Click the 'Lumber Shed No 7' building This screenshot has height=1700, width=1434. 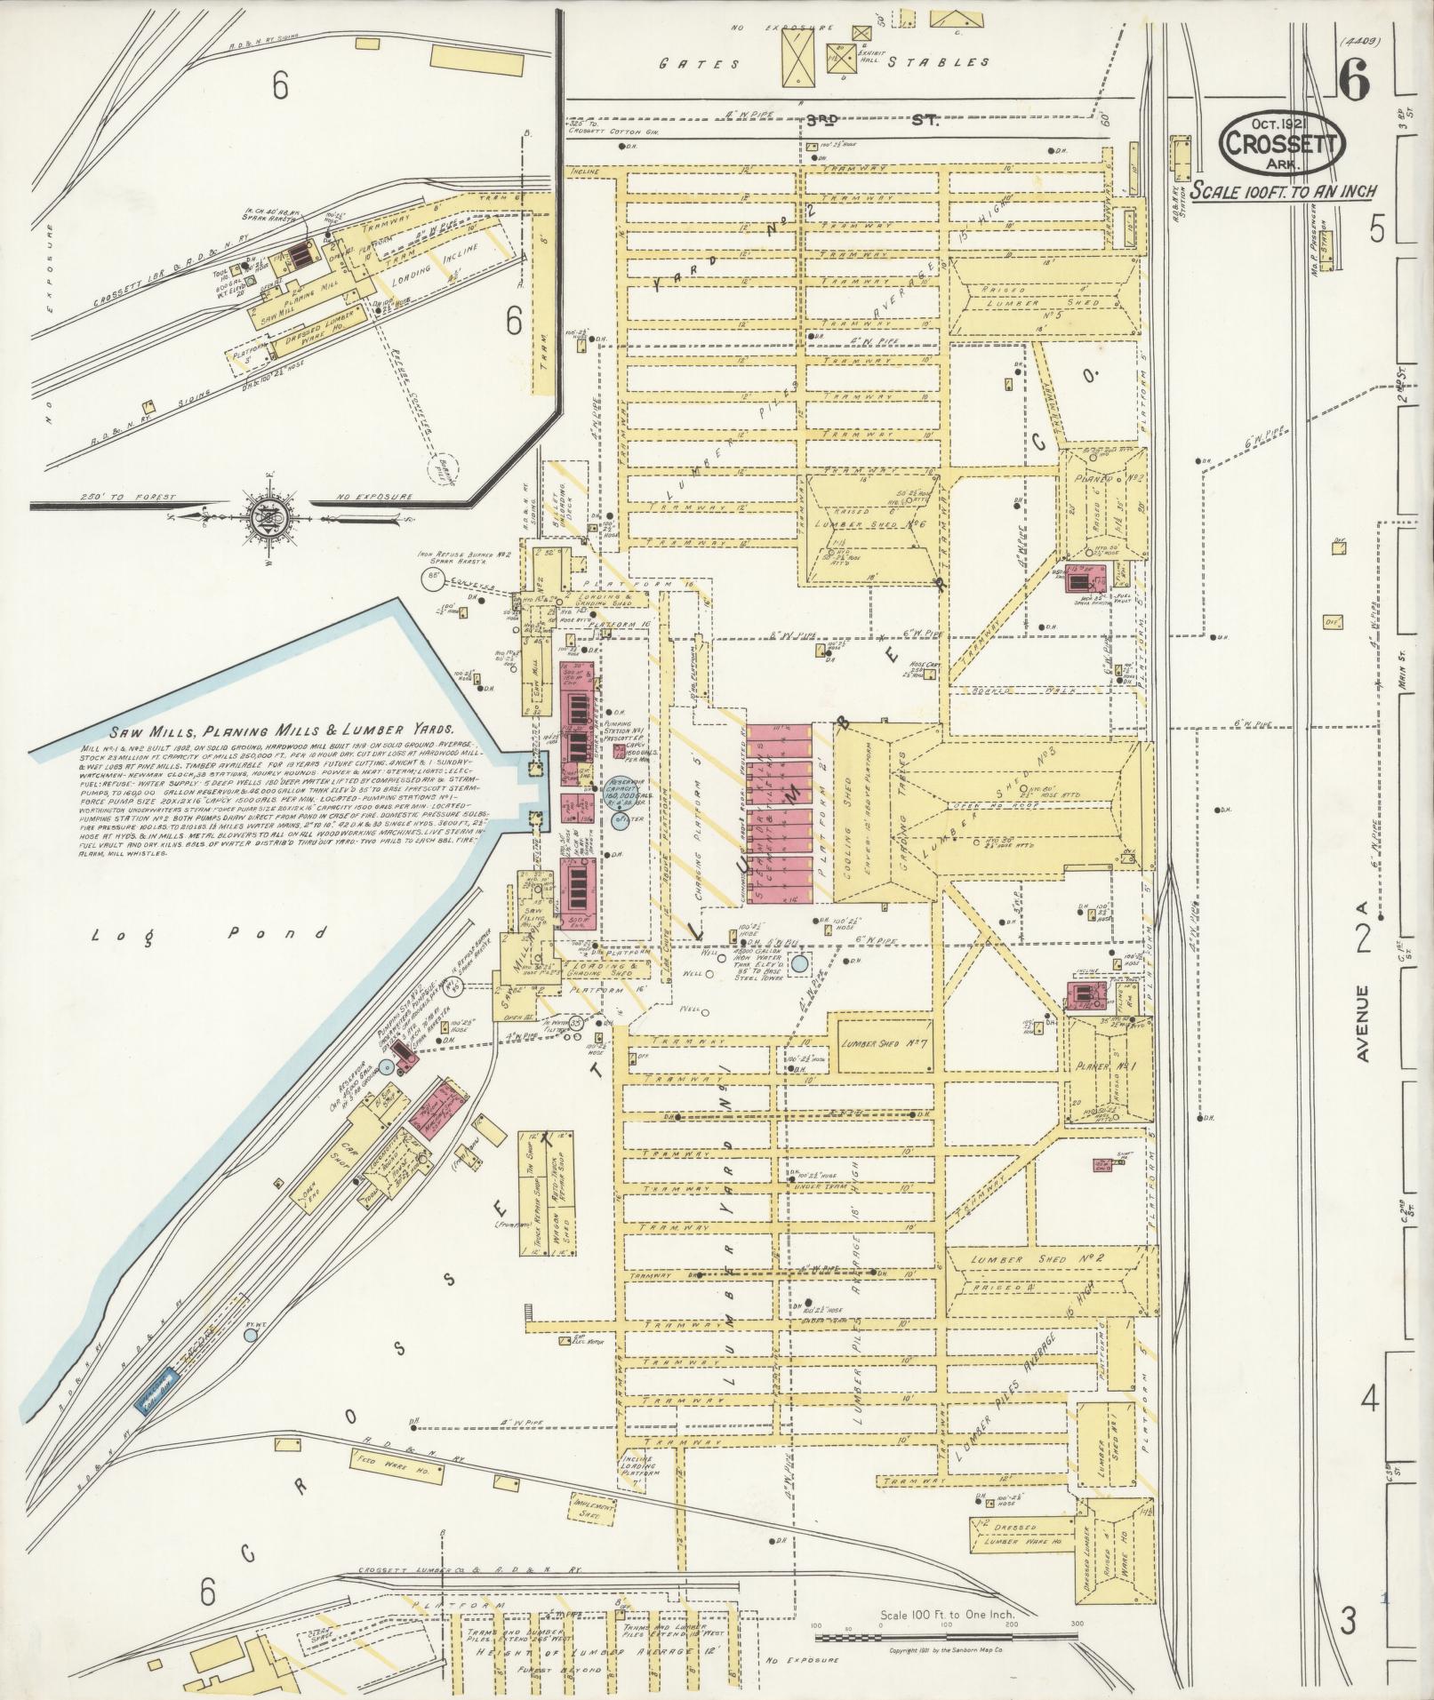coord(878,1044)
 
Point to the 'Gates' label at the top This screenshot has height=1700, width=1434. coord(700,63)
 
